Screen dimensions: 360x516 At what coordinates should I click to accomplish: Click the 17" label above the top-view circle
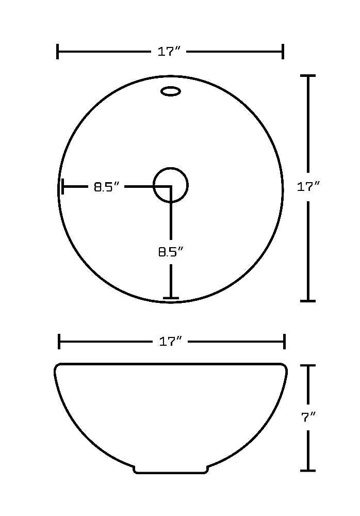click(x=169, y=52)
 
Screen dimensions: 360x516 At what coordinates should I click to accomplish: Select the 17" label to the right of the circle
click(x=308, y=187)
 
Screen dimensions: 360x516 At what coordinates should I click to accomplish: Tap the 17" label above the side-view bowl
click(x=170, y=342)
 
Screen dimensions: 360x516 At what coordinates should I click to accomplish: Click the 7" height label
click(x=308, y=417)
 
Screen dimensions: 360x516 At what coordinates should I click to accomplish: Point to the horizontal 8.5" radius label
click(x=106, y=187)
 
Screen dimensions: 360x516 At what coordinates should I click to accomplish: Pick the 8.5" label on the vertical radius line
click(x=170, y=252)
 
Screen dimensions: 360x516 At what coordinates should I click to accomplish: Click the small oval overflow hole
click(x=170, y=91)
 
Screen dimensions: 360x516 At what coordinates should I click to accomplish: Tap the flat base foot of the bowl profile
click(x=170, y=473)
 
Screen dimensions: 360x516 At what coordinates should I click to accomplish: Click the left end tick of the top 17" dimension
click(x=58, y=52)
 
